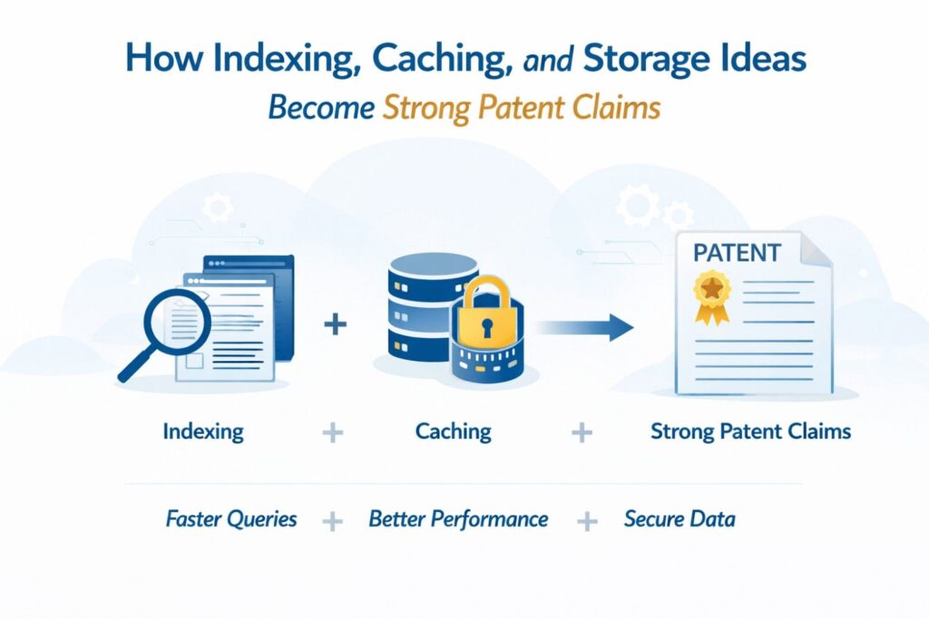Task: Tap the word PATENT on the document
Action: click(735, 252)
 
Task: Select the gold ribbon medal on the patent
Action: click(710, 295)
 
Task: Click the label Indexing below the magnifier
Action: click(203, 430)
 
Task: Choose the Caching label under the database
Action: click(453, 430)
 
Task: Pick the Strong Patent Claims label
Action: click(750, 430)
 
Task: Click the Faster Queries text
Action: click(231, 519)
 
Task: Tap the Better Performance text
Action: click(458, 519)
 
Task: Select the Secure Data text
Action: click(680, 519)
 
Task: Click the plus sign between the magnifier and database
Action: click(335, 324)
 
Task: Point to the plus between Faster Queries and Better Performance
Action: click(333, 521)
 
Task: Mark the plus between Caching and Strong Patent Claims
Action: click(582, 432)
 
